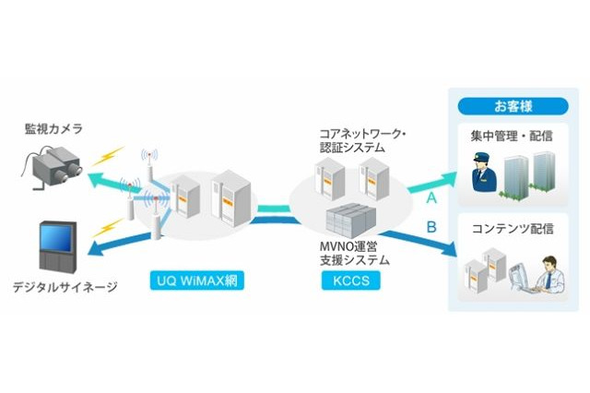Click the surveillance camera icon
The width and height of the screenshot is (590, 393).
click(51, 169)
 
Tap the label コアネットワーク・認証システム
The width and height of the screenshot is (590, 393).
click(362, 140)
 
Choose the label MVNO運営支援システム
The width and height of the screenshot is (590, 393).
click(352, 254)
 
